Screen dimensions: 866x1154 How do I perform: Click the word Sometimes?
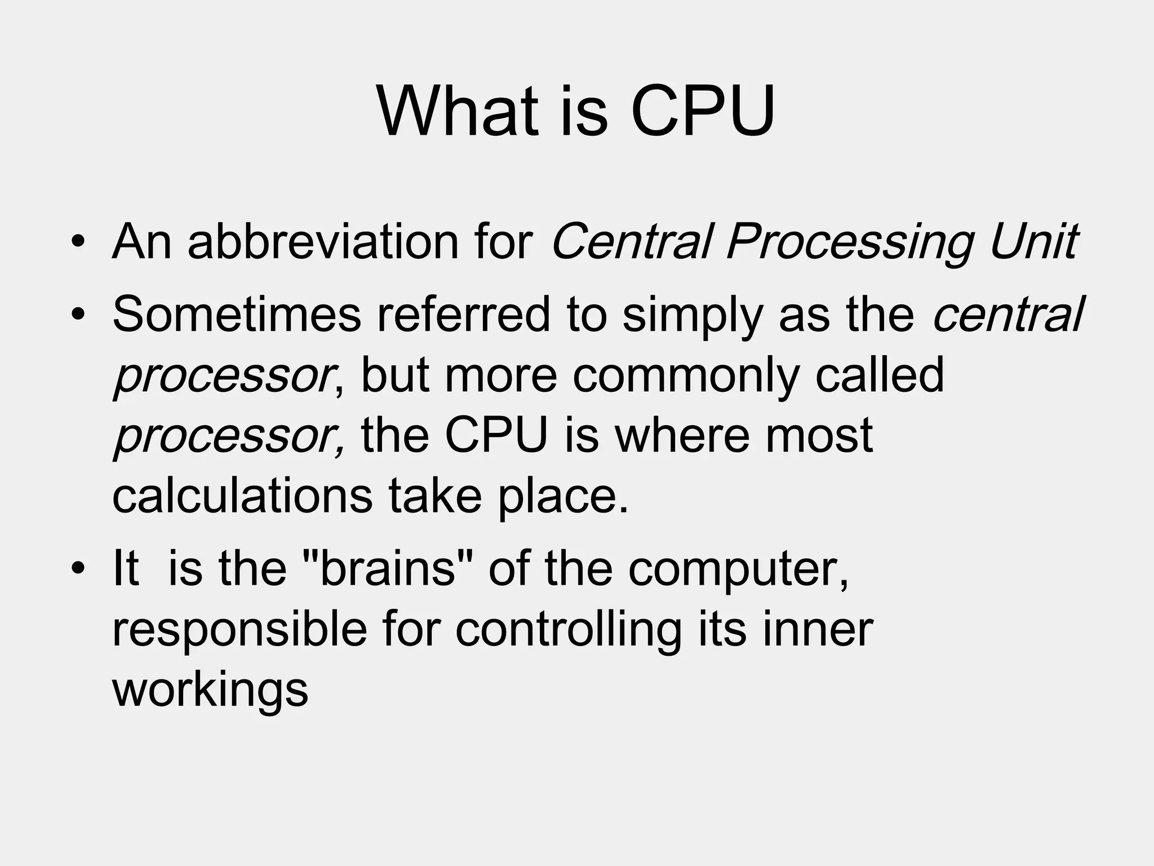click(237, 314)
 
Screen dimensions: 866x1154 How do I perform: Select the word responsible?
click(239, 630)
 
